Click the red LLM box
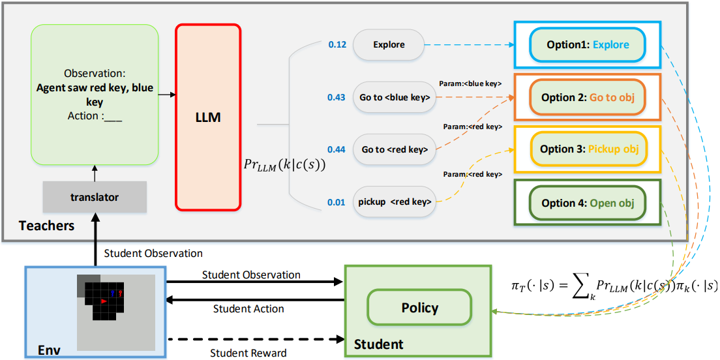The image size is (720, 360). pos(208,117)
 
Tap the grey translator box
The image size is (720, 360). pos(95,196)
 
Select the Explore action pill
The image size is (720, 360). pos(389,45)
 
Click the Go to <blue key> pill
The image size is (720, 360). pos(395,97)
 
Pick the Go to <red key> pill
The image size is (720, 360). pos(395,149)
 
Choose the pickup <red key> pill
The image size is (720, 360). pos(395,202)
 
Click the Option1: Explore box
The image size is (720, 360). pos(588,45)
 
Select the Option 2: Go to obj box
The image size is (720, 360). pos(588,97)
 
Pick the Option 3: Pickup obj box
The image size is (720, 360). pos(588,149)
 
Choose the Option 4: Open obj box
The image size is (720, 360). pos(588,203)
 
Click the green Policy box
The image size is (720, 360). pos(419,308)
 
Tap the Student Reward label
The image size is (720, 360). pos(248,353)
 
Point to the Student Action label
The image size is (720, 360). pos(248,308)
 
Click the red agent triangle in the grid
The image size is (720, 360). pos(104,301)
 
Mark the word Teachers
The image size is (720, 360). pos(46,226)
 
